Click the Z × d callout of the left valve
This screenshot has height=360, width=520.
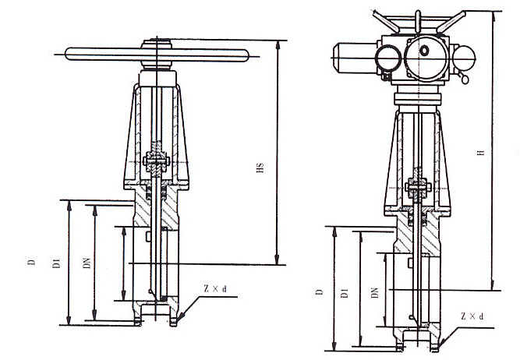tap(214, 289)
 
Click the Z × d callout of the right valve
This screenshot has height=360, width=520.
tap(472, 316)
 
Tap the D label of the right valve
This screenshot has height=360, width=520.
tap(319, 292)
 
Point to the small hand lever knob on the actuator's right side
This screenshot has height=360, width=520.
tap(465, 79)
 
